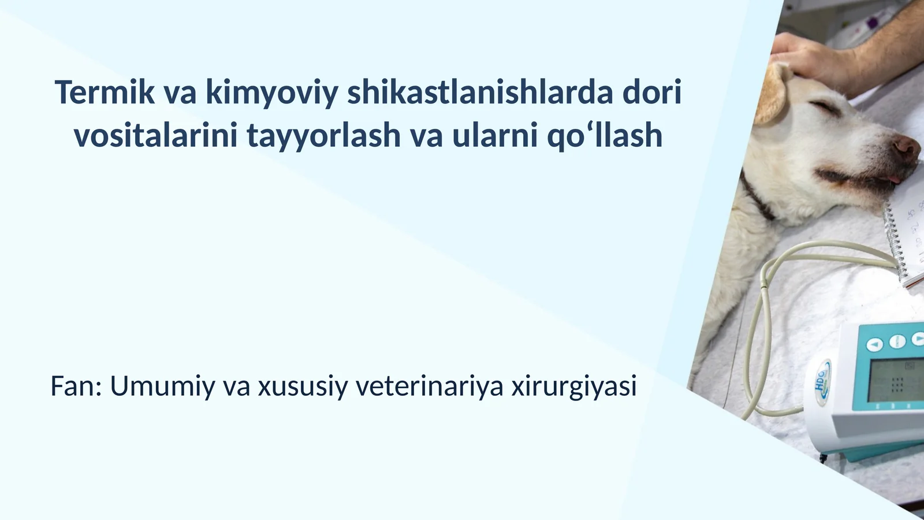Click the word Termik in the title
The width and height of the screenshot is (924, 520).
pyautogui.click(x=105, y=92)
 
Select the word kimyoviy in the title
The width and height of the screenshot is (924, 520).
pyautogui.click(x=271, y=94)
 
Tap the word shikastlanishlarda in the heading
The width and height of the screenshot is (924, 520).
pyautogui.click(x=479, y=92)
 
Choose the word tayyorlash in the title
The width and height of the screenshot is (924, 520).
pyautogui.click(x=323, y=137)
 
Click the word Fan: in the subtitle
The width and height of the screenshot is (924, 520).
pyautogui.click(x=76, y=386)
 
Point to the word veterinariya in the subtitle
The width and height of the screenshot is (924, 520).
pyautogui.click(x=430, y=386)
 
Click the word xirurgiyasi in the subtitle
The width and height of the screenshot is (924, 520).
pyautogui.click(x=574, y=387)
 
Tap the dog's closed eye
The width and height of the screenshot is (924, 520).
pyautogui.click(x=824, y=107)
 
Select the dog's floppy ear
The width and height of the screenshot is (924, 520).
pyautogui.click(x=771, y=95)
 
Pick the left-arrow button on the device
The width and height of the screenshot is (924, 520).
pyautogui.click(x=875, y=345)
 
